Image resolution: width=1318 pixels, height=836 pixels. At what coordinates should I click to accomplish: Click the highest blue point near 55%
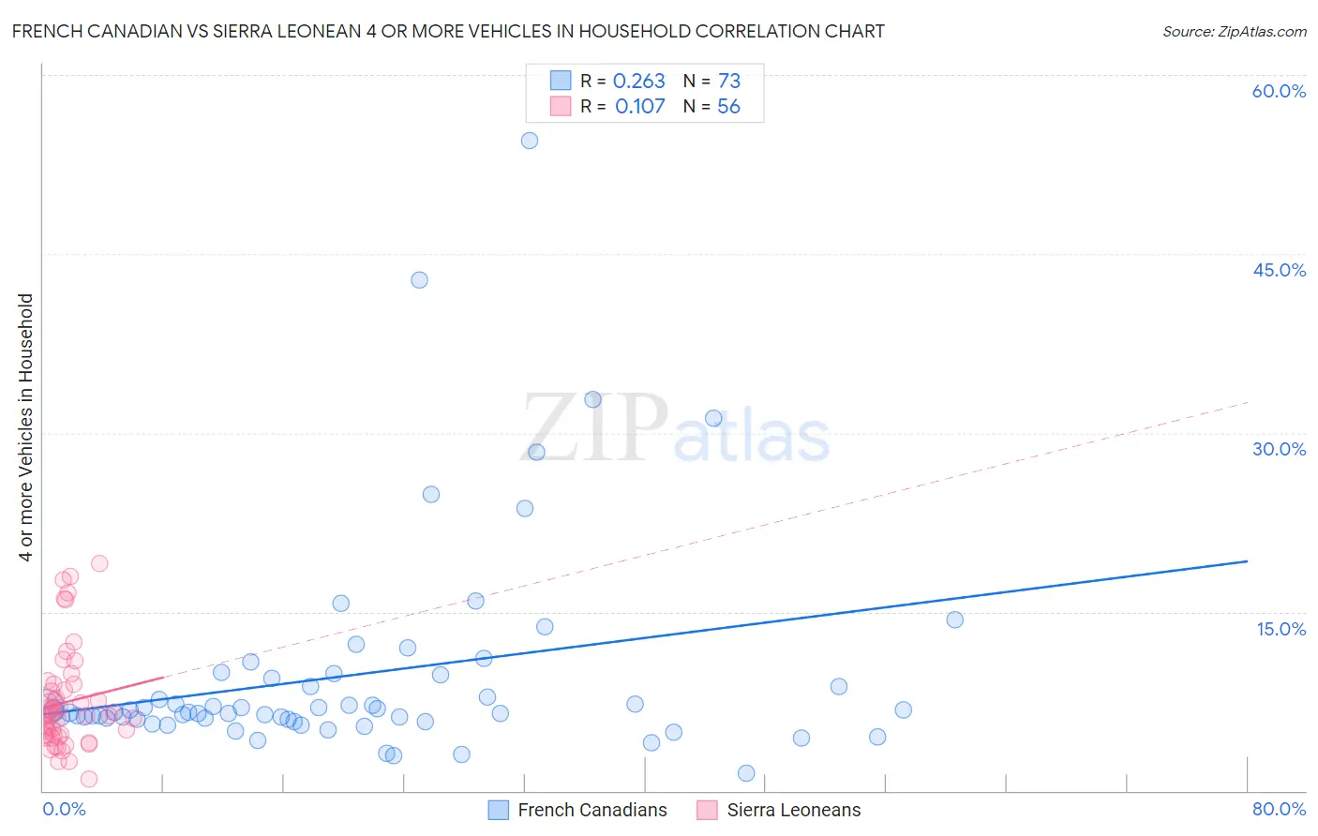[x=530, y=141]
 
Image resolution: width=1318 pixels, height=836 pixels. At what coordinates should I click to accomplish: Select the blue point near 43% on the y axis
[x=419, y=280]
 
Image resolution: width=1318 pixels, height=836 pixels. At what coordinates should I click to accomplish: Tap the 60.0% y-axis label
[x=1279, y=91]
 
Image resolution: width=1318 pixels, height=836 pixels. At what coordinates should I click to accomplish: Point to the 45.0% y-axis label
[x=1279, y=270]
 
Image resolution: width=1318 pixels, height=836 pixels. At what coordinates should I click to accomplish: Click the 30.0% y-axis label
[x=1279, y=449]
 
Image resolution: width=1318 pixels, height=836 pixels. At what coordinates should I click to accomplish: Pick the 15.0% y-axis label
[x=1281, y=629]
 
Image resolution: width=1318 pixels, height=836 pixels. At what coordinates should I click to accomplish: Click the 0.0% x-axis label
[x=65, y=809]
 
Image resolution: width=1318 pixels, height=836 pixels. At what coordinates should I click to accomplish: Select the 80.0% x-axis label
[x=1279, y=809]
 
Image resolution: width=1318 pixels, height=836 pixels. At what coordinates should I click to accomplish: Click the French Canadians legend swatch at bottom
[x=499, y=810]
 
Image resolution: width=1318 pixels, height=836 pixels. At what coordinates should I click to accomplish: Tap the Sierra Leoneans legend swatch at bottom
[x=708, y=810]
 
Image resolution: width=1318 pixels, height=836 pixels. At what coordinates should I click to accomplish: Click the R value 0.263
[x=638, y=82]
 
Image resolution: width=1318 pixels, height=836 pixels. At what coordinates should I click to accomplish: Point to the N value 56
[x=728, y=107]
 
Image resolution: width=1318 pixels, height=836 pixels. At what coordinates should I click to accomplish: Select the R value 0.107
[x=639, y=107]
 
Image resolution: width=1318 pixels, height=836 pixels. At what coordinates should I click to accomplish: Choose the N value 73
[x=729, y=82]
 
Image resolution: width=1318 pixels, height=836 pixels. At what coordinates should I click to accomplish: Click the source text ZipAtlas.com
[x=1262, y=32]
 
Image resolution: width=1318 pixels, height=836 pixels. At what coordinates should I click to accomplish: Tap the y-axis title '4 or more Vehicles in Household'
[x=26, y=427]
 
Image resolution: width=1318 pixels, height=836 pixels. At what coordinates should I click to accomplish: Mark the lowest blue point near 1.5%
[x=746, y=773]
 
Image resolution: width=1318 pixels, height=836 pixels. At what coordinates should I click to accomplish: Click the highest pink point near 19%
[x=99, y=563]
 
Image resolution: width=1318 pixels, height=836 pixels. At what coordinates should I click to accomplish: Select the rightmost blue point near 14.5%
[x=954, y=620]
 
